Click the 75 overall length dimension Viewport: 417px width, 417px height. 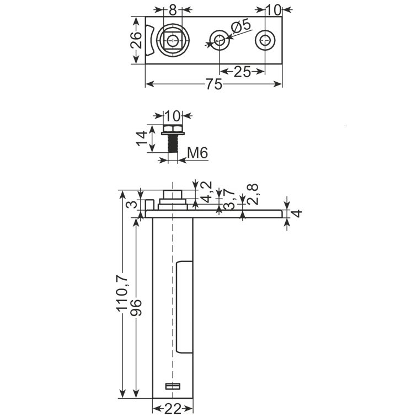(214, 84)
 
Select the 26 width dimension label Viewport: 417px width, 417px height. (136, 40)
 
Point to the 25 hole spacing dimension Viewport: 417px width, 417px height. (242, 72)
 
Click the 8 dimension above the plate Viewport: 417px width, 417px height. (173, 10)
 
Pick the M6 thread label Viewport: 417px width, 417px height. (197, 153)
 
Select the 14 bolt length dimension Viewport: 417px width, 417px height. (141, 138)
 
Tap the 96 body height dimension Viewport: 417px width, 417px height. (136, 307)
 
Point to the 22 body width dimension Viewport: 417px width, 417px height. (173, 409)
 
